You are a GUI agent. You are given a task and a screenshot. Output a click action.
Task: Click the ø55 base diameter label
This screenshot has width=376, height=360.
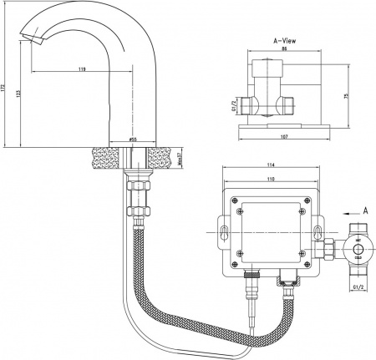click(x=133, y=139)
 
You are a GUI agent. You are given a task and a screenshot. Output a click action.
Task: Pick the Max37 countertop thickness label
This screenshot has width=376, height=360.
click(x=181, y=159)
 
